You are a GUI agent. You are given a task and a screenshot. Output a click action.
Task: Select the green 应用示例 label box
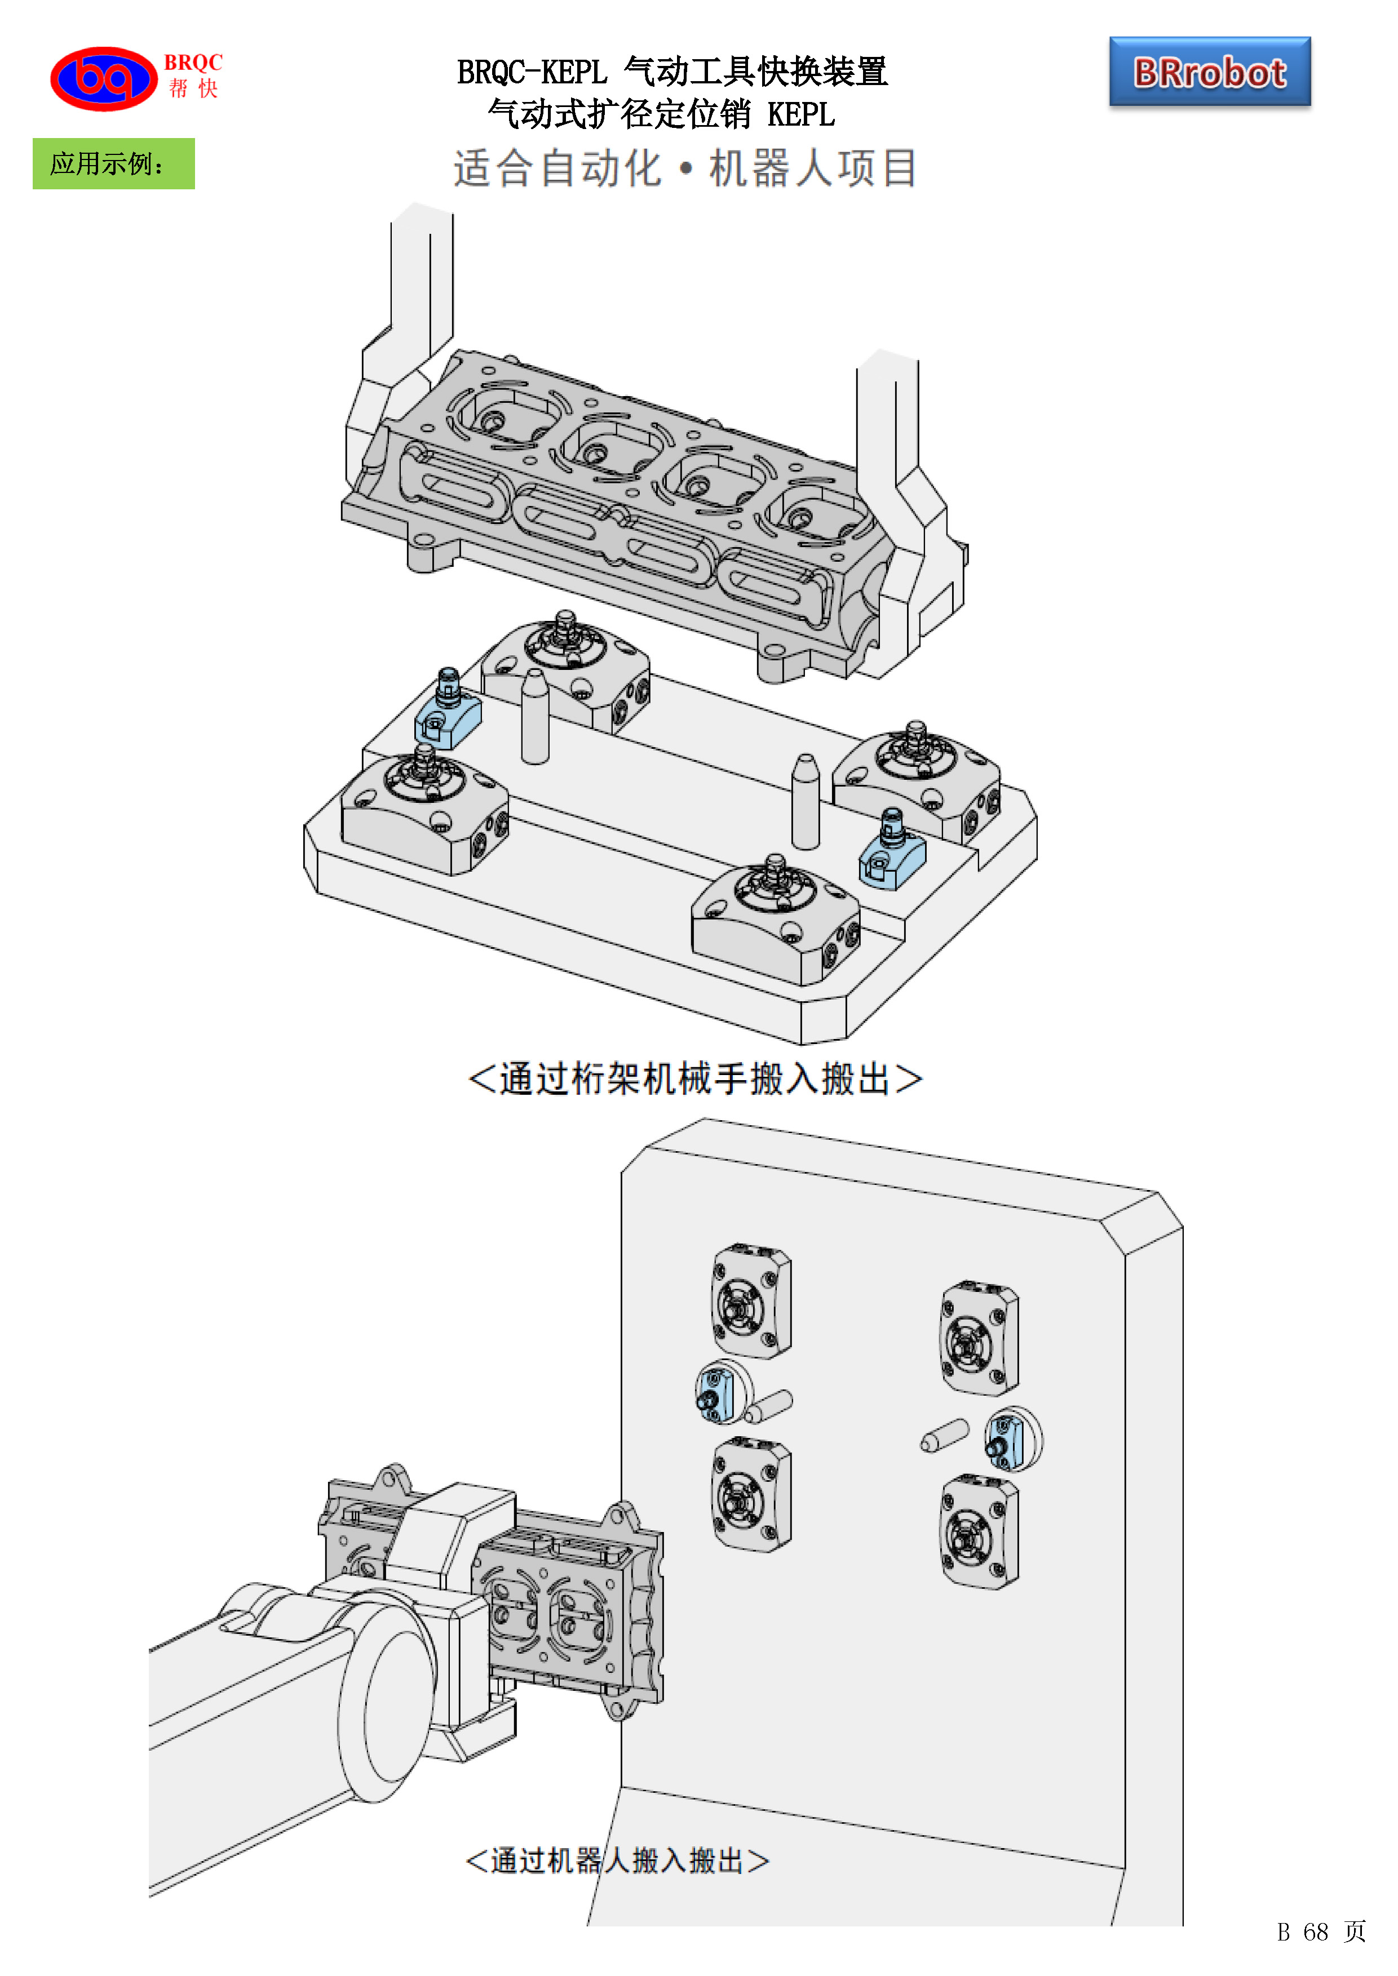point(114,163)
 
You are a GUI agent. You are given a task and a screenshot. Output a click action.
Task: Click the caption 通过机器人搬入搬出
point(616,1860)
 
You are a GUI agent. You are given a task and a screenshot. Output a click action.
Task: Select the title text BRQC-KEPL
point(531,72)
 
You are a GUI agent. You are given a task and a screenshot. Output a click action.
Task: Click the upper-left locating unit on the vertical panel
point(751,1300)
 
